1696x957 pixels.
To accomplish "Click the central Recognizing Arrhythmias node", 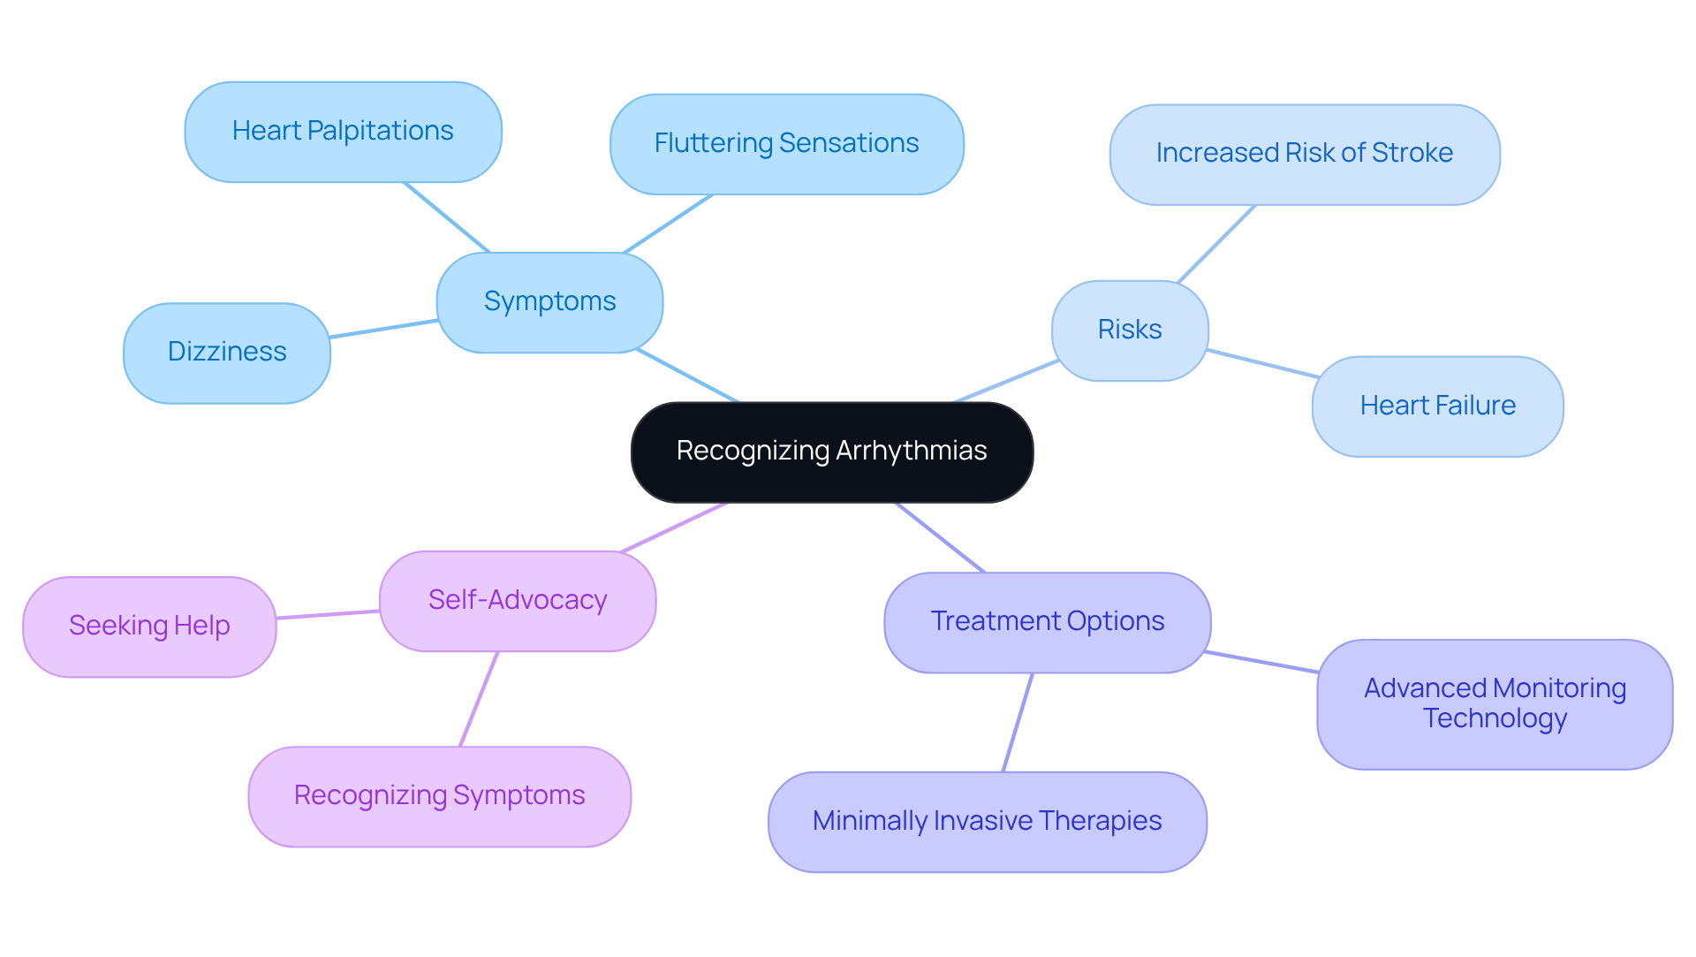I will tap(831, 452).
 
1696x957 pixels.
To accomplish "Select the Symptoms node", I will tap(549, 302).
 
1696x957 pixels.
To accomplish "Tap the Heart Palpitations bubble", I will tap(343, 132).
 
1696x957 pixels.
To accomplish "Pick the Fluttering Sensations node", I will tap(786, 144).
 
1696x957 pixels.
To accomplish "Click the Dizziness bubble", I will tap(227, 353).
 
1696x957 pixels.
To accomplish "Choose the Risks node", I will tap(1129, 330).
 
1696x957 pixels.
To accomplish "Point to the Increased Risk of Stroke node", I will tap(1304, 154).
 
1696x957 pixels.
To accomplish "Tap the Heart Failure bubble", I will tap(1437, 406).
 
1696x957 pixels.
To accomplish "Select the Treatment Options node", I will tap(1047, 622).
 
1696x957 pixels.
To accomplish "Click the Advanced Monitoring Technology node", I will tap(1495, 703).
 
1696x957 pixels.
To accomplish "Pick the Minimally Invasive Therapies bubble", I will tap(987, 822).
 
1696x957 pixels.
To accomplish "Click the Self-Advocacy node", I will tap(518, 601).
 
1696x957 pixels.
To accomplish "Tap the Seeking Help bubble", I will tap(149, 627).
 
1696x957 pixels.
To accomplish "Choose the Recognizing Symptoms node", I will tap(439, 796).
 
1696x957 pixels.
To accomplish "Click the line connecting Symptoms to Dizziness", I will tap(383, 329).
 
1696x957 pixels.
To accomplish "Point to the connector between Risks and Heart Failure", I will tap(1262, 364).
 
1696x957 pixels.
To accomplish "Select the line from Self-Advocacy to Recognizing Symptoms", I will tap(479, 699).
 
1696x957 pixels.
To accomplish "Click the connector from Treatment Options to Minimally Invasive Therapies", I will tap(1018, 722).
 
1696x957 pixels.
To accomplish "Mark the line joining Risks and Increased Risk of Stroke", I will tap(1216, 244).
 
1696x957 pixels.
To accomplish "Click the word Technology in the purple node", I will tap(1495, 718).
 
